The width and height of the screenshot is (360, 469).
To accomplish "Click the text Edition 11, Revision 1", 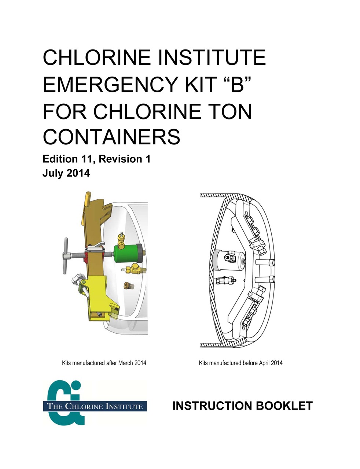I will pyautogui.click(x=96, y=159).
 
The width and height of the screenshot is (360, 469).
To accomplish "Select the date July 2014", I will pyautogui.click(x=66, y=173).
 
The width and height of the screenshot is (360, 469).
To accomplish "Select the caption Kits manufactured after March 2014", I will pyautogui.click(x=104, y=363).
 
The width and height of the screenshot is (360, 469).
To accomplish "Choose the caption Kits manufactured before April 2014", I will pyautogui.click(x=240, y=363).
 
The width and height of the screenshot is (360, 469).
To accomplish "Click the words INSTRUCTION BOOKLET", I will pyautogui.click(x=242, y=406).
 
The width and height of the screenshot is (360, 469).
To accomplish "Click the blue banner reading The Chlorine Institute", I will pyautogui.click(x=95, y=406).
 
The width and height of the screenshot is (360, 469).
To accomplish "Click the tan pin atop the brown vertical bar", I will pyautogui.click(x=88, y=199).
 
